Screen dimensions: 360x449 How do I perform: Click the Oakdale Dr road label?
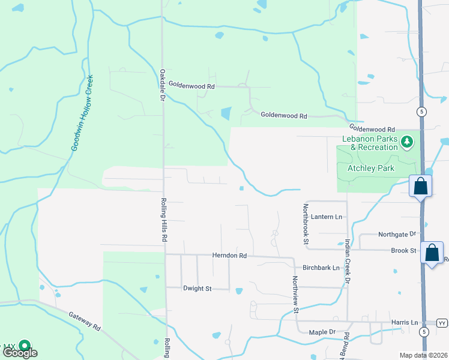click(162, 85)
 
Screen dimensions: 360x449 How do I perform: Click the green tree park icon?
click(408, 142)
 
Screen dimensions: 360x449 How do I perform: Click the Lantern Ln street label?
click(327, 217)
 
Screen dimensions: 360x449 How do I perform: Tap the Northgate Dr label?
click(397, 234)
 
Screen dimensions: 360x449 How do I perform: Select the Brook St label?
click(403, 250)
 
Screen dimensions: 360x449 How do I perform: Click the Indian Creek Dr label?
click(348, 262)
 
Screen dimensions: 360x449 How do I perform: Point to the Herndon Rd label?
click(229, 256)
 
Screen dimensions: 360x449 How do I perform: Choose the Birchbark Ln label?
click(321, 268)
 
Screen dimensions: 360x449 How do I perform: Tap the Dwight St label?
click(197, 289)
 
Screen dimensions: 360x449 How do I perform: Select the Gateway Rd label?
click(84, 320)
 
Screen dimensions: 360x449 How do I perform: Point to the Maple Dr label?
click(322, 332)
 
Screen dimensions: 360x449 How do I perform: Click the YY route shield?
click(442, 322)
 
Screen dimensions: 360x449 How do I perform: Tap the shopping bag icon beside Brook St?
click(432, 253)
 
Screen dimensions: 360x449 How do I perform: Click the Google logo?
click(19, 353)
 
